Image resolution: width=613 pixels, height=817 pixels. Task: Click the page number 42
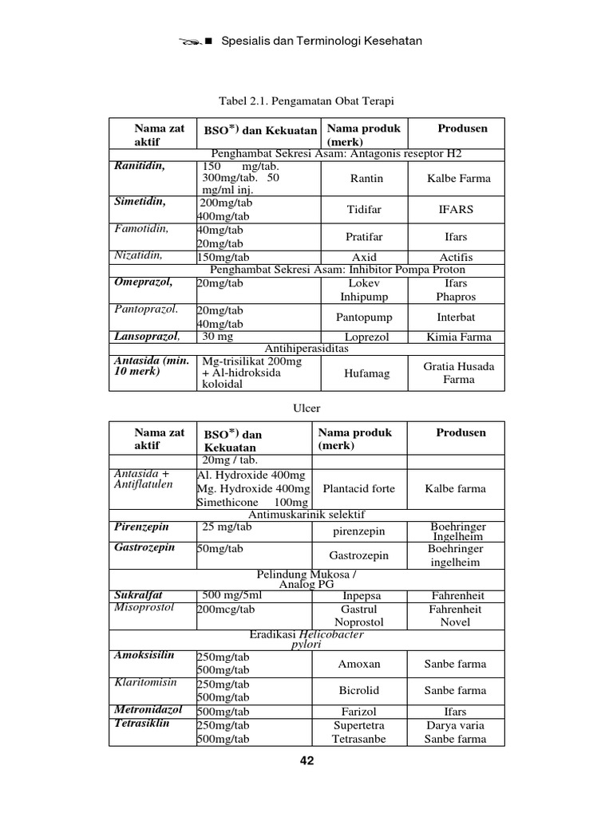[306, 761]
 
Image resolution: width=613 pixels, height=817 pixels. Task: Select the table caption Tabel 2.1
[306, 102]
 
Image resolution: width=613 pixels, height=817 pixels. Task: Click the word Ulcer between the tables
[306, 408]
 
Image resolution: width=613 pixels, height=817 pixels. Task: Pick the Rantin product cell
[366, 179]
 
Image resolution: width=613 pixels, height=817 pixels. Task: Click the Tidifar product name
[364, 210]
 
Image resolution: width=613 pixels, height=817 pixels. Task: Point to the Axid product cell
[364, 258]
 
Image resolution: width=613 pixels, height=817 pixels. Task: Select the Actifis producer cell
[456, 258]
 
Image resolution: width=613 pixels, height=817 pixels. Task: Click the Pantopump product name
[364, 318]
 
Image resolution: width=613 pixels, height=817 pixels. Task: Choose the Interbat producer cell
[456, 318]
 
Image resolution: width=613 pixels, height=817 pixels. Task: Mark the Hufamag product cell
[366, 373]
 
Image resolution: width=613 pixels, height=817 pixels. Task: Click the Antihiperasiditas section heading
[306, 349]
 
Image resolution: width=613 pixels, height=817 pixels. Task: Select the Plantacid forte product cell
[358, 489]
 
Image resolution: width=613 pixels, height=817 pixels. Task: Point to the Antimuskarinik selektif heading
[306, 515]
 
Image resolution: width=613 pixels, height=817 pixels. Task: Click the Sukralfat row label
[139, 595]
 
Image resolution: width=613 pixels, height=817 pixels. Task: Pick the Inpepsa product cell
[362, 596]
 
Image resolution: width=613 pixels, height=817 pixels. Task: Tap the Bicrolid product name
[358, 691]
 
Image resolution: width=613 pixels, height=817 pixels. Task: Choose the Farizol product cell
[358, 712]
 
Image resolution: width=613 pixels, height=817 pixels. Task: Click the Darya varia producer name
[455, 726]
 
